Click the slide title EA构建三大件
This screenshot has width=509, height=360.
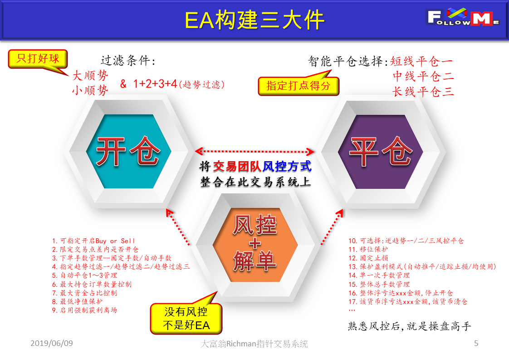[254, 20]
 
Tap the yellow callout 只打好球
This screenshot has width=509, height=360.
[38, 59]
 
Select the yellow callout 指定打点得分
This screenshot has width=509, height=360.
[299, 85]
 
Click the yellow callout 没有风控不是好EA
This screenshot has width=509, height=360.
[186, 318]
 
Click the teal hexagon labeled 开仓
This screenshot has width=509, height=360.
[128, 152]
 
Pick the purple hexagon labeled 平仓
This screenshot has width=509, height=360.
[381, 152]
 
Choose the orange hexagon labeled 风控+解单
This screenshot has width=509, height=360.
[255, 244]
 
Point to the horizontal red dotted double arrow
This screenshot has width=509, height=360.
[254, 152]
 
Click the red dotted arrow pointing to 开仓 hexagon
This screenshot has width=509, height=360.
[178, 227]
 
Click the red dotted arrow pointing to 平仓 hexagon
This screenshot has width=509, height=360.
[332, 227]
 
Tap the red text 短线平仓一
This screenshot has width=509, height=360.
[421, 61]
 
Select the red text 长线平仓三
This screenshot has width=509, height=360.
[423, 92]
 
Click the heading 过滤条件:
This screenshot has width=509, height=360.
[128, 60]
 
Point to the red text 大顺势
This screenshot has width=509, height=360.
[90, 75]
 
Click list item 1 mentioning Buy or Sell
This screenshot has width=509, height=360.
[93, 241]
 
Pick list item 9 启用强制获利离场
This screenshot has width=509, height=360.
[84, 310]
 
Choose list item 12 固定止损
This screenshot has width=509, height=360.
[368, 258]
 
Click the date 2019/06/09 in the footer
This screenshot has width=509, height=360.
[52, 343]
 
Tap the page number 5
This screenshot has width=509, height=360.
[476, 343]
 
